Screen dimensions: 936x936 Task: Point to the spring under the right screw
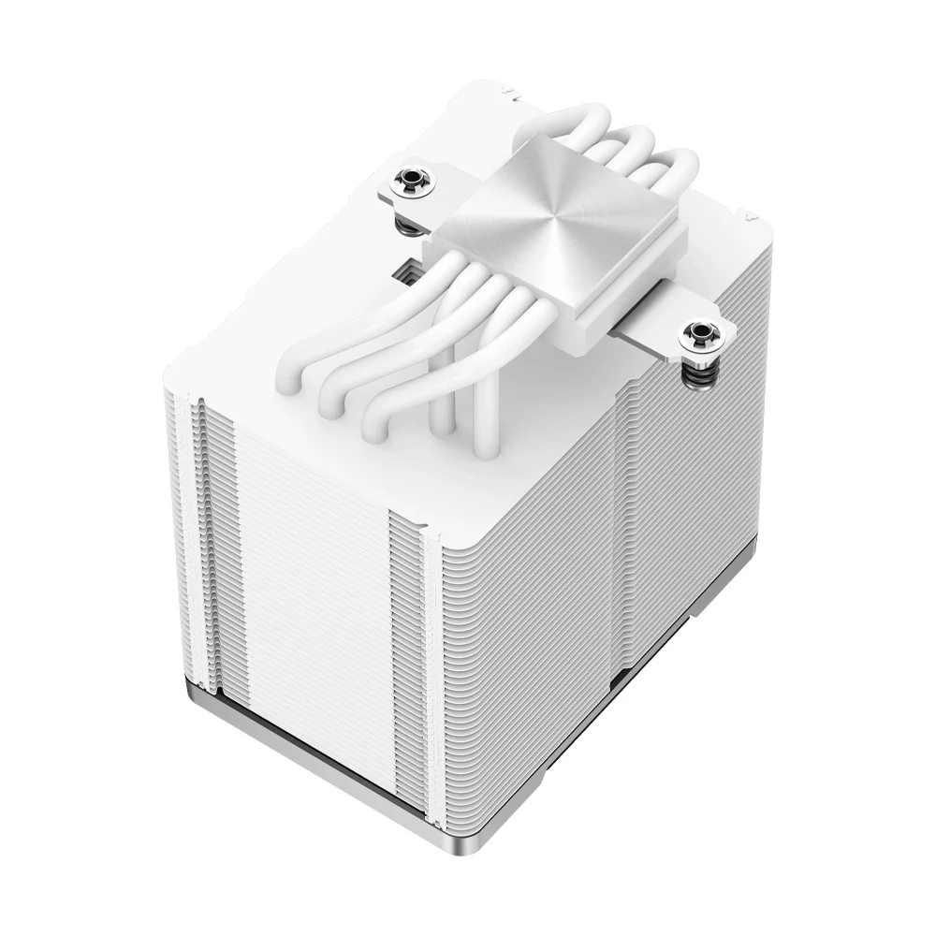[x=702, y=371]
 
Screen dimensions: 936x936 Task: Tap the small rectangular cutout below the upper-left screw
[x=405, y=272]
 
